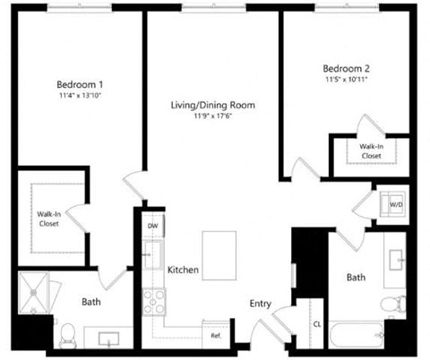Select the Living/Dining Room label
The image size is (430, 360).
coord(213,106)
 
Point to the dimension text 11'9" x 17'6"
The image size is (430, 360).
coord(213,116)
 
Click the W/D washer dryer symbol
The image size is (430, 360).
coord(393,205)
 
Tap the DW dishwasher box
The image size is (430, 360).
coord(152,227)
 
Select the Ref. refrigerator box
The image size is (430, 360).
coord(216,335)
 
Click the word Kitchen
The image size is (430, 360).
coord(183,270)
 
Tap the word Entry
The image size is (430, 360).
coord(260,304)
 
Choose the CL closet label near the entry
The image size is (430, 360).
coord(316,324)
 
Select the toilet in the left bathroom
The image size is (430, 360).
coord(68,338)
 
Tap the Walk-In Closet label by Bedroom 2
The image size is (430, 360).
coord(371,150)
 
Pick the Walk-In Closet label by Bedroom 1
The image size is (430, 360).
coord(50,219)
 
